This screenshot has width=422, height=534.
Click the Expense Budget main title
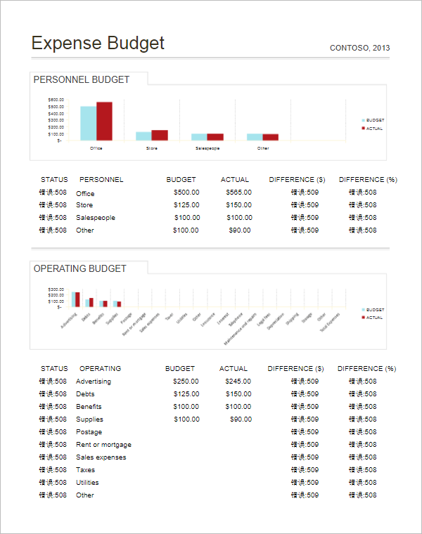pos(98,44)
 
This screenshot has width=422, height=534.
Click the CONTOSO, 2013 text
pos(359,48)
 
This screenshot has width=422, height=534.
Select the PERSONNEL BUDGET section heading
pos(82,79)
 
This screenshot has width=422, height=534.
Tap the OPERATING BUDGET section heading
pos(80,268)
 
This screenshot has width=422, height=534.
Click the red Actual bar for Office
pos(104,122)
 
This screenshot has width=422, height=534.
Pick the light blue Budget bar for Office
pos(88,124)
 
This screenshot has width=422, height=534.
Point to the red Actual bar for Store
pos(160,136)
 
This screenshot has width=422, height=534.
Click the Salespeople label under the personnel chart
pos(207,148)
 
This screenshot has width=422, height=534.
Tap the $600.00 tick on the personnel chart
pos(56,100)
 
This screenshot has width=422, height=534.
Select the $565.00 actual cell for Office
pos(239,193)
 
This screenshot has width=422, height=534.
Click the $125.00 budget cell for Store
pos(186,205)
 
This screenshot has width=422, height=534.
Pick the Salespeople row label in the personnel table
pos(96,218)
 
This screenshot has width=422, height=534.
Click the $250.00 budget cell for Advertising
pos(186,382)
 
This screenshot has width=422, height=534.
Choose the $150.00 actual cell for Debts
pos(239,394)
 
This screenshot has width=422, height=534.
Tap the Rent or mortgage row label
pos(103,445)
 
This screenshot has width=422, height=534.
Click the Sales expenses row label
pos(101,457)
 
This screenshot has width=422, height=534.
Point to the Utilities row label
pos(87,483)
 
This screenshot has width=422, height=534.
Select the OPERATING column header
pos(100,368)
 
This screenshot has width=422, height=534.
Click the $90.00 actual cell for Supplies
pos(241,419)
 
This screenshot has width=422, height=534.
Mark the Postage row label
pos(89,432)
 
